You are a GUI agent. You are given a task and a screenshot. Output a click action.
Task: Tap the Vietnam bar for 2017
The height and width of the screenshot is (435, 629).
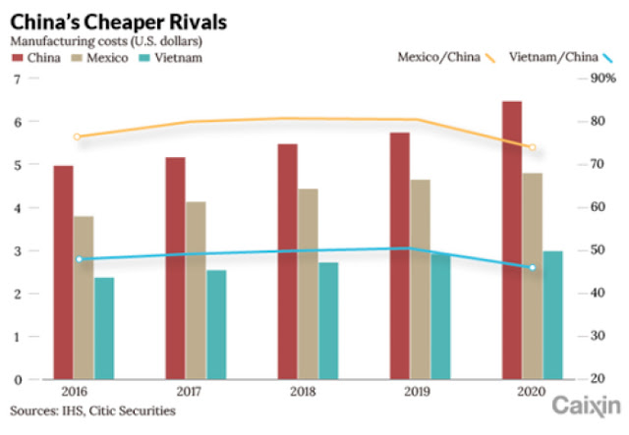click(x=216, y=325)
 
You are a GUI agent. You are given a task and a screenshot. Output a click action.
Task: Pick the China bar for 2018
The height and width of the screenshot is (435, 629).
click(x=287, y=261)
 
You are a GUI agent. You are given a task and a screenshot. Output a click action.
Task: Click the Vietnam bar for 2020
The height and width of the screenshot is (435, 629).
click(x=553, y=315)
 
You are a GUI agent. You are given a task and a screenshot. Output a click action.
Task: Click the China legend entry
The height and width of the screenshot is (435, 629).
click(x=34, y=58)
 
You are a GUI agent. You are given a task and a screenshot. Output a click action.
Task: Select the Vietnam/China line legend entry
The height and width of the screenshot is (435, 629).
click(x=555, y=57)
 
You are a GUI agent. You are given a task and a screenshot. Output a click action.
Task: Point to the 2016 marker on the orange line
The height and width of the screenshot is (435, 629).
click(x=78, y=136)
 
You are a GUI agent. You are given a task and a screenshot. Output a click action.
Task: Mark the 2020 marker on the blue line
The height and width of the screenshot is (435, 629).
click(x=533, y=267)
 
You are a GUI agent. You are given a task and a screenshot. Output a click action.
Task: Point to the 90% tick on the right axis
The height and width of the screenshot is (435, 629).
click(x=602, y=79)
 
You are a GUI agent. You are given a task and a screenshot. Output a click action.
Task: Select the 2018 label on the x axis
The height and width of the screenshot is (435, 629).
click(x=302, y=392)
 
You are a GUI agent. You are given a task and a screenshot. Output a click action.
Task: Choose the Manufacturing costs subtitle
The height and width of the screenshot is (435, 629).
click(x=105, y=40)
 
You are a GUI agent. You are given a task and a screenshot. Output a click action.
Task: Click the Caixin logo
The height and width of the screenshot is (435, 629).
click(x=586, y=406)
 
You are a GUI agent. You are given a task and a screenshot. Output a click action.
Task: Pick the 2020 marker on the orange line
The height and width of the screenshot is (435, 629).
click(x=533, y=147)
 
